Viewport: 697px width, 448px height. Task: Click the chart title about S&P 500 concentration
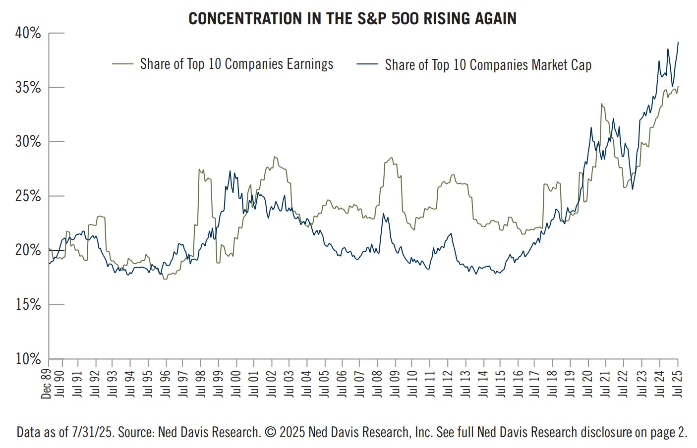click(x=352, y=19)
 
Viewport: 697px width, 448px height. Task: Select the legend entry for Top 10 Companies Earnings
click(x=236, y=64)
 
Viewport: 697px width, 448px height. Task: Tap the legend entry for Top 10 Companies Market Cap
click(x=488, y=65)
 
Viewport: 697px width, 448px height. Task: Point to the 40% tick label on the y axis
click(x=28, y=33)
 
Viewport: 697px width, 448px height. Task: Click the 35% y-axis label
click(x=28, y=88)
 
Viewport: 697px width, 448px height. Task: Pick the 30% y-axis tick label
click(x=28, y=142)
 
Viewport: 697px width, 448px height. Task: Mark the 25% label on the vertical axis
click(x=28, y=196)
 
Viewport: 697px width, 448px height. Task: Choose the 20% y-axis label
click(x=28, y=250)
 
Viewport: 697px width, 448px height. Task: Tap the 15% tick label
click(x=28, y=305)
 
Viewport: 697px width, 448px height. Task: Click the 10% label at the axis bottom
click(x=28, y=359)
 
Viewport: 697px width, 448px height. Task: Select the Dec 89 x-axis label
click(x=46, y=384)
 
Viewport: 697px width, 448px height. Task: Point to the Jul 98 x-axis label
click(x=201, y=384)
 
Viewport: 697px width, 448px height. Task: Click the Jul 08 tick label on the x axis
click(x=377, y=384)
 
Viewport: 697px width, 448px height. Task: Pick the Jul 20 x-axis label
click(x=588, y=384)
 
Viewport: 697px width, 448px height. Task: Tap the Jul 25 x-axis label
click(x=678, y=384)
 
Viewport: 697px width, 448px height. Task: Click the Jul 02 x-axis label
click(x=271, y=384)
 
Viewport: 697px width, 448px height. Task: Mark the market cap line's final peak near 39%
click(x=678, y=43)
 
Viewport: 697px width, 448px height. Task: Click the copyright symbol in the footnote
click(x=270, y=432)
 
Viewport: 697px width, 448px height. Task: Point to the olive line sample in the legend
click(x=122, y=64)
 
